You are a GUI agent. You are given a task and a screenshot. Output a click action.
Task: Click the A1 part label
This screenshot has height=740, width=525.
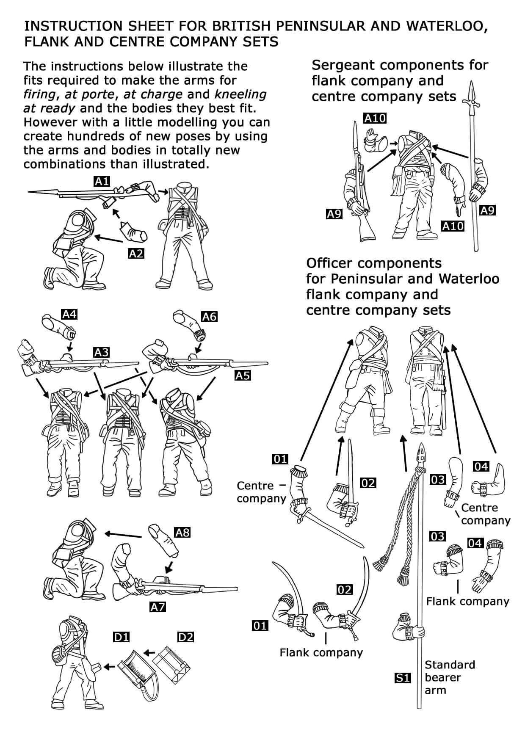pyautogui.click(x=102, y=182)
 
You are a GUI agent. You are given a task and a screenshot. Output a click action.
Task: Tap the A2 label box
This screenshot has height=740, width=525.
pyautogui.click(x=136, y=254)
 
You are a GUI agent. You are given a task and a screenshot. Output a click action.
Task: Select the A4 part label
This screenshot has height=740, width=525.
pyautogui.click(x=69, y=314)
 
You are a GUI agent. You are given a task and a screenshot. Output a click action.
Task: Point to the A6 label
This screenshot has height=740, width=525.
pyautogui.click(x=209, y=316)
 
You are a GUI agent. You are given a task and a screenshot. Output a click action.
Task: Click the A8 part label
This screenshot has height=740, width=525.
pyautogui.click(x=182, y=532)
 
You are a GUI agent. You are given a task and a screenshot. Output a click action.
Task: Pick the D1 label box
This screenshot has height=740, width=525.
pyautogui.click(x=121, y=637)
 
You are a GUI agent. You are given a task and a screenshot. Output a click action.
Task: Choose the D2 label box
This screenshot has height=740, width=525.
pyautogui.click(x=185, y=637)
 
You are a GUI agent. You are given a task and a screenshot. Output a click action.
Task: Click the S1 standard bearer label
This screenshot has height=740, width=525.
pyautogui.click(x=402, y=678)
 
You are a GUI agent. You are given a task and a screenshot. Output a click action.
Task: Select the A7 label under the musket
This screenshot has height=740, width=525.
pyautogui.click(x=157, y=607)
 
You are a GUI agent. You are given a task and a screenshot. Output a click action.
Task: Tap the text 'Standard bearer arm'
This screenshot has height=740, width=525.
pyautogui.click(x=449, y=677)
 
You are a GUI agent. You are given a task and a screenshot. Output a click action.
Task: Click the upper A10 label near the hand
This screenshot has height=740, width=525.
pyautogui.click(x=375, y=118)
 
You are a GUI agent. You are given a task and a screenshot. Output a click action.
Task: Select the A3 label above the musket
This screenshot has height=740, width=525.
pyautogui.click(x=102, y=352)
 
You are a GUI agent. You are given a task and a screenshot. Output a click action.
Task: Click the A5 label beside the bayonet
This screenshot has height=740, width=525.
pyautogui.click(x=243, y=376)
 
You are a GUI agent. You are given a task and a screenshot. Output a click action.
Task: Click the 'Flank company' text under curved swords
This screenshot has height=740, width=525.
pyautogui.click(x=321, y=652)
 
